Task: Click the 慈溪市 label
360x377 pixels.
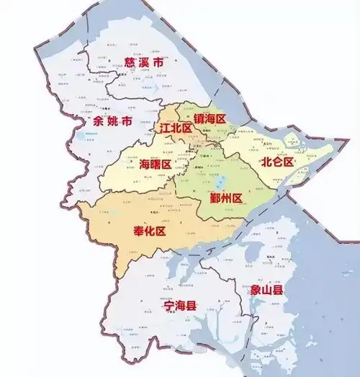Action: pyautogui.click(x=145, y=63)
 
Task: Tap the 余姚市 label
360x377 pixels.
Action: pyautogui.click(x=113, y=122)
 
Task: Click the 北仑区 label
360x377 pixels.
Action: pyautogui.click(x=278, y=161)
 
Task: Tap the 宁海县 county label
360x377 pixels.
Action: pyautogui.click(x=176, y=306)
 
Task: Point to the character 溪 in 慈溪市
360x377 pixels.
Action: pyautogui.click(x=145, y=63)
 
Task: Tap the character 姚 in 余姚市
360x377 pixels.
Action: pyautogui.click(x=113, y=122)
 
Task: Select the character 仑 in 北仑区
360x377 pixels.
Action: pyautogui.click(x=278, y=161)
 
